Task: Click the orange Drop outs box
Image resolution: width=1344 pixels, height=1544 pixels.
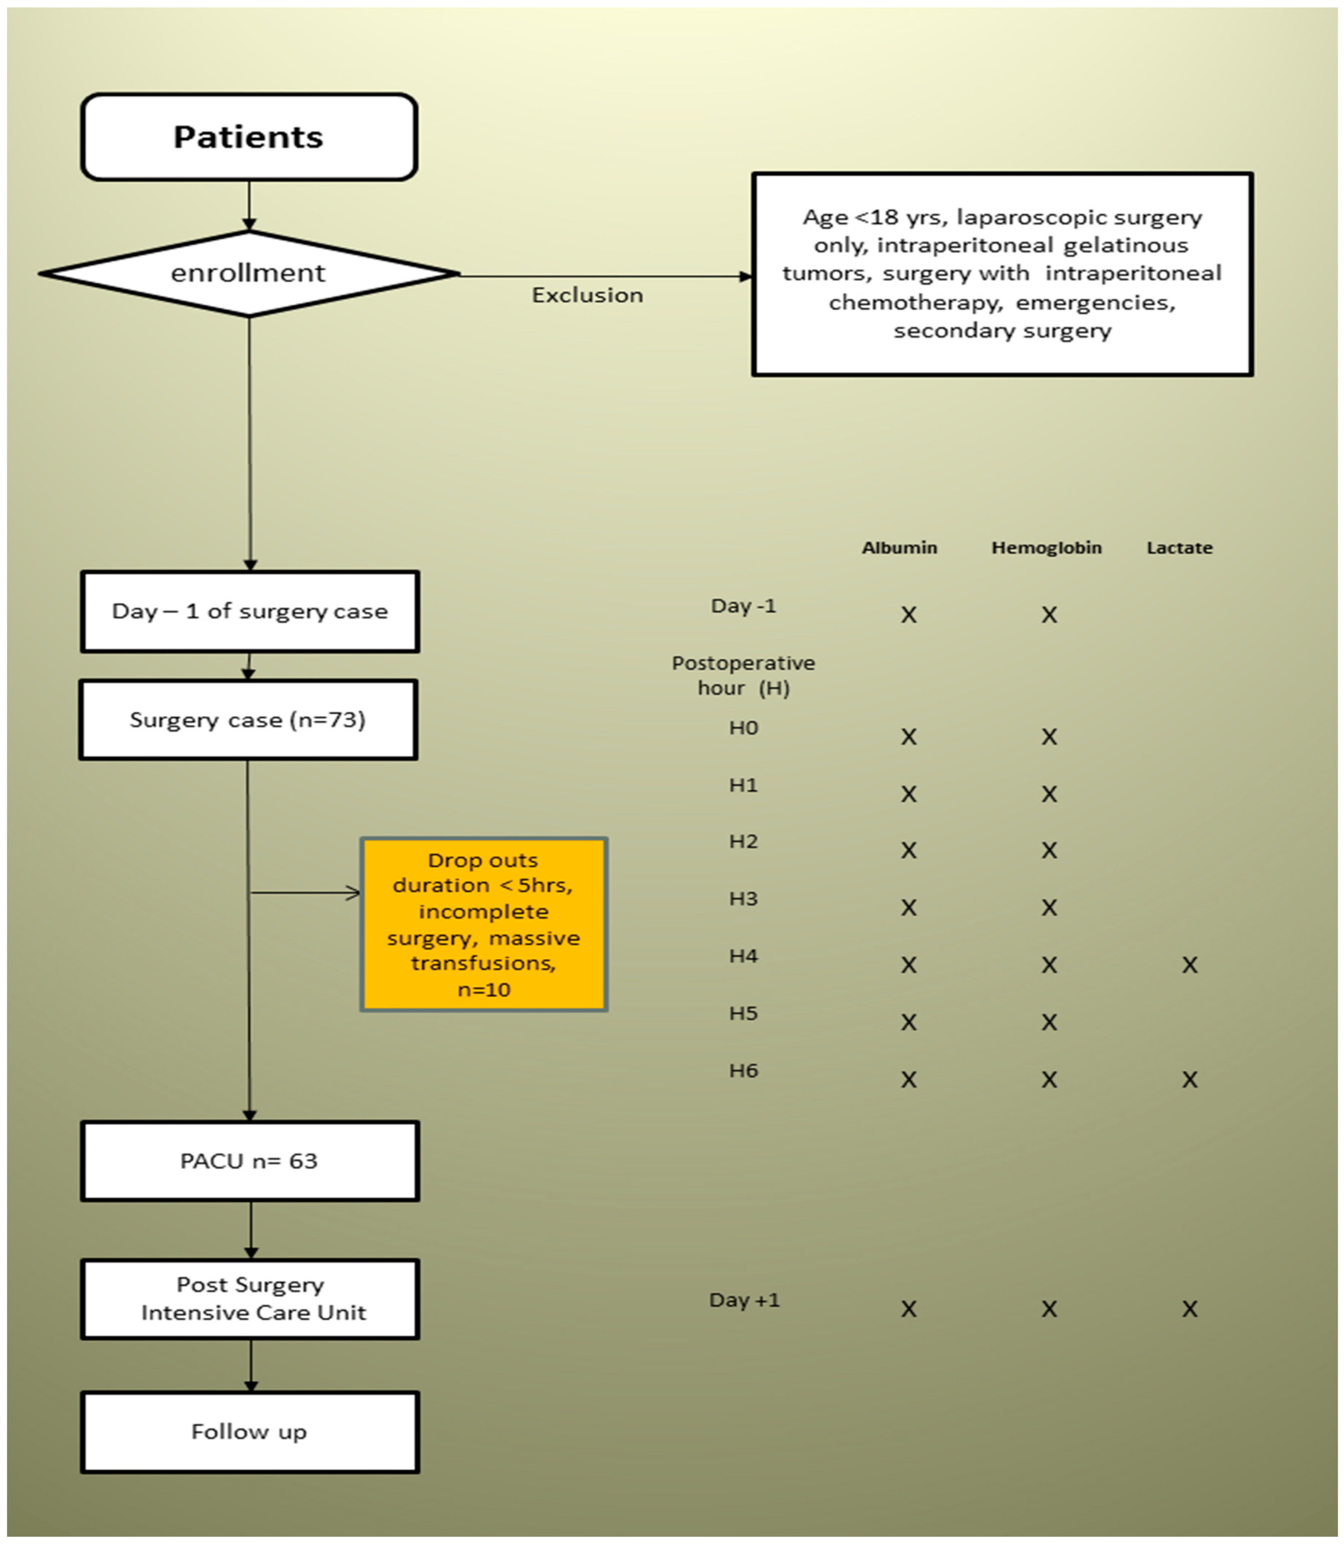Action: click(x=484, y=924)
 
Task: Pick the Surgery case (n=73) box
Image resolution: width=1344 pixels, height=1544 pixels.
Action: click(x=248, y=719)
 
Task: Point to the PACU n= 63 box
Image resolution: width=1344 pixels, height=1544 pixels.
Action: click(x=250, y=1161)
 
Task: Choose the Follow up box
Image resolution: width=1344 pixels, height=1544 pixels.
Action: click(x=250, y=1432)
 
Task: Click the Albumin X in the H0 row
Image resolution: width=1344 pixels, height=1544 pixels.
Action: click(x=908, y=737)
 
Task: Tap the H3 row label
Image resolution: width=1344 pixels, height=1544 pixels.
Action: click(x=743, y=899)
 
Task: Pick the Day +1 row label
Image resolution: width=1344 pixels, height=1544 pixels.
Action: click(x=744, y=1299)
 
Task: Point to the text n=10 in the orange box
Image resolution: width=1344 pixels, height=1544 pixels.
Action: click(x=484, y=989)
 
